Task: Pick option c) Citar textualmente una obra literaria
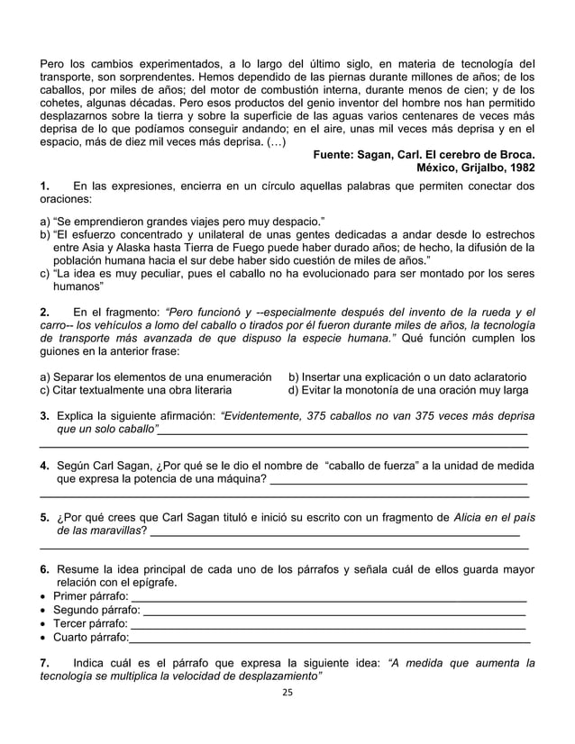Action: click(x=135, y=390)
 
